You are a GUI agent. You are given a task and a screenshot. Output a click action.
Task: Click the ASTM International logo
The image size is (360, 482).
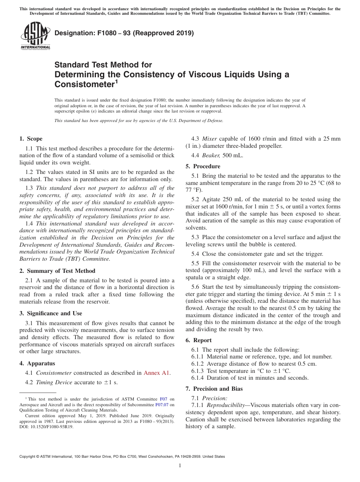pyautogui.click(x=35, y=36)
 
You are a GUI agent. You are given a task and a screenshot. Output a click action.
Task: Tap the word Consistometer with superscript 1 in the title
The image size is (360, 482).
pyautogui.click(x=85, y=84)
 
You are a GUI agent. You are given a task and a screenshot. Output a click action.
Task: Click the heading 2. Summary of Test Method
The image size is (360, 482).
pyautogui.click(x=57, y=271)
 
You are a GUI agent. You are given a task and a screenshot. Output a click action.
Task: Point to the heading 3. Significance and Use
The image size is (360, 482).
pyautogui.click(x=51, y=313)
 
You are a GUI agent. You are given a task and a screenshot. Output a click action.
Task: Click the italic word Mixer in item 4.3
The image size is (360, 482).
pyautogui.click(x=210, y=139)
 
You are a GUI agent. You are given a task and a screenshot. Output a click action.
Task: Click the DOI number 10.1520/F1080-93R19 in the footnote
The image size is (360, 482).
pyautogui.click(x=52, y=426)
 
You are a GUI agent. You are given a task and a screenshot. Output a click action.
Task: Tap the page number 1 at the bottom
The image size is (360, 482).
pyautogui.click(x=180, y=466)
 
